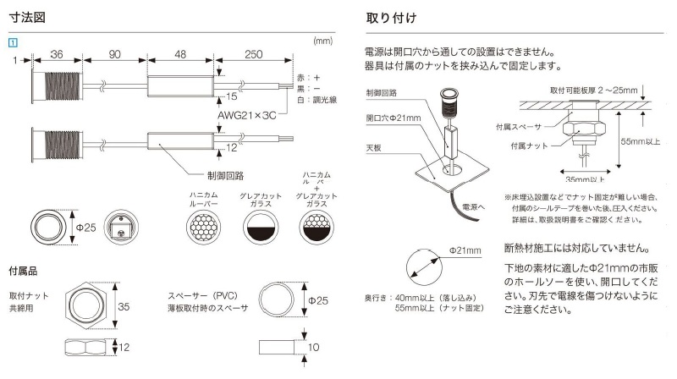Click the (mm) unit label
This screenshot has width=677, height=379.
coord(322,40)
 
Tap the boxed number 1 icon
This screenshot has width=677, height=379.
coord(13,41)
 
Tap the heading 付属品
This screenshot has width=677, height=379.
coord(23,272)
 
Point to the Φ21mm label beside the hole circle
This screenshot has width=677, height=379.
coord(465,251)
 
